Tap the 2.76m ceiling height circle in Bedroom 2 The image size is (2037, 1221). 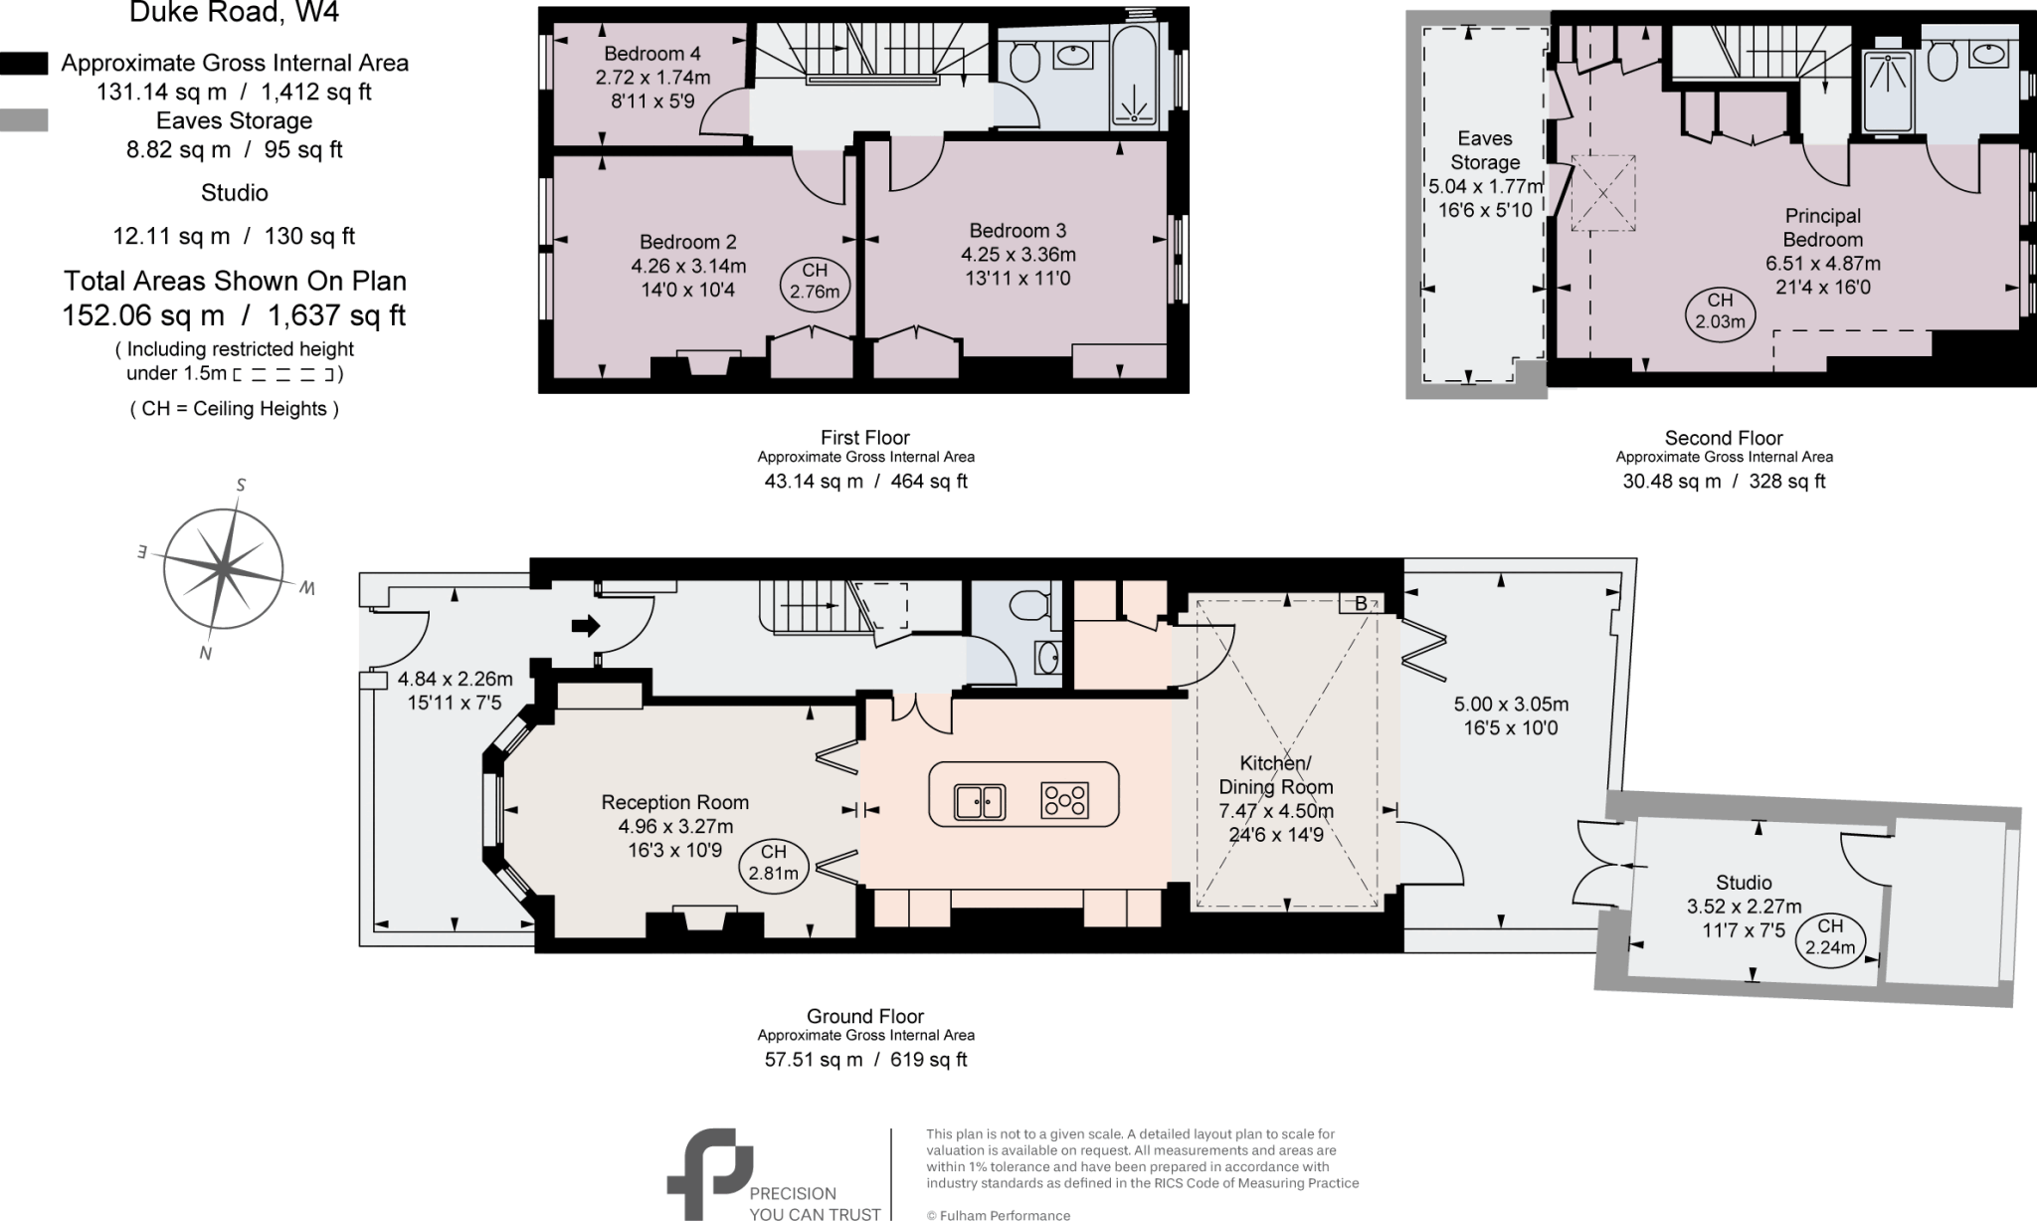point(814,281)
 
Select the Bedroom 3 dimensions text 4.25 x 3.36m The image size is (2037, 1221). point(1018,254)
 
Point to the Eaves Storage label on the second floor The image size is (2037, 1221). point(1484,150)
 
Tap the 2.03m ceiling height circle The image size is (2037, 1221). point(1720,310)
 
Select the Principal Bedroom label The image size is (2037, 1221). point(1822,227)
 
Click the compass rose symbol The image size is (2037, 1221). point(224,568)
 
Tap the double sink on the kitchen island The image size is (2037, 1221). point(980,800)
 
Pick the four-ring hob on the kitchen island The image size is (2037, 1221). point(1064,800)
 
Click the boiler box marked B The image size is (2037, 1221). point(1361,603)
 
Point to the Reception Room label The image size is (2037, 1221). point(674,802)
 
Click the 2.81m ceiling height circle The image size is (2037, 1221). point(773,863)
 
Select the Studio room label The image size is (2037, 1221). point(1744,883)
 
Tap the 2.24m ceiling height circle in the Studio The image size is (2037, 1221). point(1830,936)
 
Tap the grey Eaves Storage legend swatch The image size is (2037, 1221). point(24,120)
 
